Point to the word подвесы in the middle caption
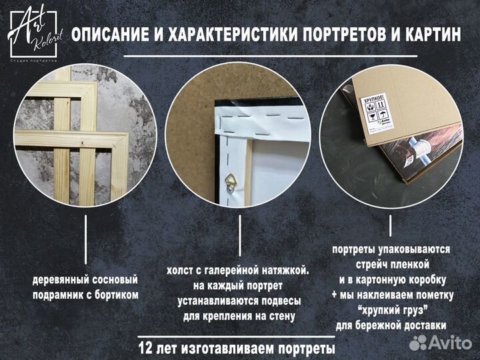(x=279, y=300)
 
